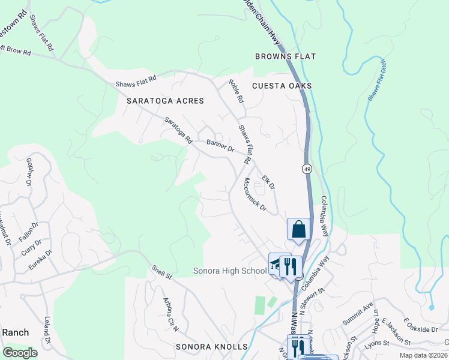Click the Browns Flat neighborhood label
pos(285,56)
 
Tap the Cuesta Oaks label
pos(282,86)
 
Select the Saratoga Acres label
pos(165,101)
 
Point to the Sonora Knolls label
pos(211,347)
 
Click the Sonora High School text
pos(230,271)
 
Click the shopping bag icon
pos(299,229)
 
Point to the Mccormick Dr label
pos(255,193)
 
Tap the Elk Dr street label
pos(268,182)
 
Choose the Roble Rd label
pos(237,91)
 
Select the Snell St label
pos(162,273)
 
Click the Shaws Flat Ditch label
pos(376,79)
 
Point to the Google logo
pos(20,353)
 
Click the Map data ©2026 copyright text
pos(423,355)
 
